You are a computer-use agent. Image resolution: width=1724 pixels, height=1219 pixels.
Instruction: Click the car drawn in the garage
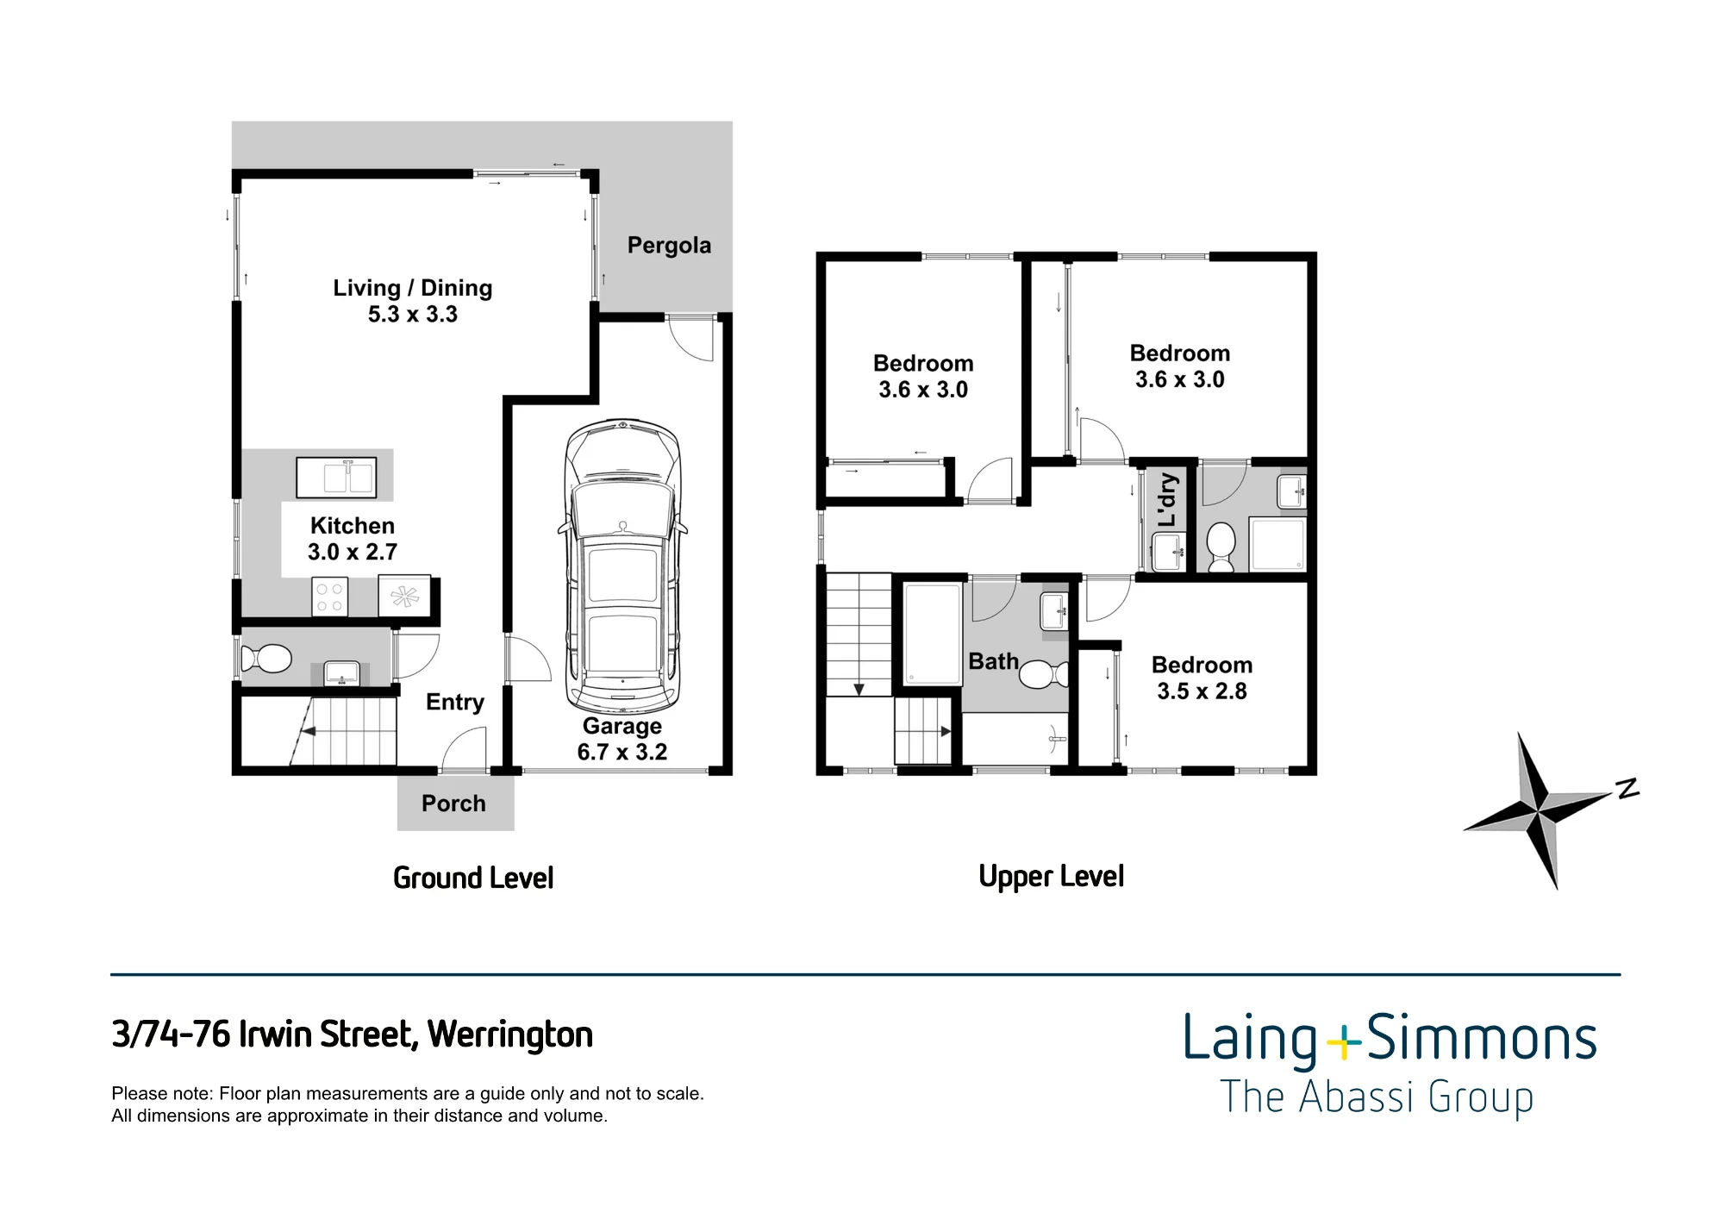coord(623,566)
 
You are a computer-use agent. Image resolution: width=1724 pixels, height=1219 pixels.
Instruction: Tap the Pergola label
coord(669,246)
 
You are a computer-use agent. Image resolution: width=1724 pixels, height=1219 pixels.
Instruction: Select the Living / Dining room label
coord(413,301)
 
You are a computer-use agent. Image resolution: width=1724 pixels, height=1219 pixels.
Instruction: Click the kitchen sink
coord(336,478)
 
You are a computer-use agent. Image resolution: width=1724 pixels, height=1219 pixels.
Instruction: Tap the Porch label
coord(453,803)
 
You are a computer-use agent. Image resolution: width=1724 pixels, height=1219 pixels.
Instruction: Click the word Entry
coord(455,703)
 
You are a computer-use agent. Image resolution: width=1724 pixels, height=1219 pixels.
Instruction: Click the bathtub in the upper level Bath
coord(933,634)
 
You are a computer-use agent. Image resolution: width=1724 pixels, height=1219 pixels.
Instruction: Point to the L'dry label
coord(1166,500)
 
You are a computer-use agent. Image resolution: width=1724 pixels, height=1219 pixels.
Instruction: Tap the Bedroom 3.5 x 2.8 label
coord(1202,678)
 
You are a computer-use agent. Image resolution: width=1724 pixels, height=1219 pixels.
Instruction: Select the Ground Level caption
coord(473,878)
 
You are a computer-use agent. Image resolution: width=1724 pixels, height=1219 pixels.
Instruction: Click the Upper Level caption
coord(1052,877)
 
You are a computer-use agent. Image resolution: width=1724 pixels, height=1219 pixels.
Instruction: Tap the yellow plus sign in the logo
coord(1342,1043)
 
